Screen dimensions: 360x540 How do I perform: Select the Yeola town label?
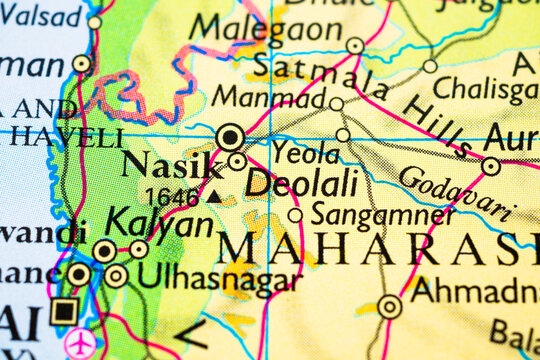pos(305,154)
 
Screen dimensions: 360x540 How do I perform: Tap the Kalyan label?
pos(159,222)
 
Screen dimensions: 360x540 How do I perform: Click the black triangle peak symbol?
pos(214,197)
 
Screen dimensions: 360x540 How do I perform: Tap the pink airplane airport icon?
pos(80,343)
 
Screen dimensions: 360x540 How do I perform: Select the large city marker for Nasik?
pos(231,136)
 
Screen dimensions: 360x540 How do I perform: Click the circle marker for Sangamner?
pos(295,215)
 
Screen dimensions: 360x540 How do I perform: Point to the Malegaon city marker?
pos(355,45)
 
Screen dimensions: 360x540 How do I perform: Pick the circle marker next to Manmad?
pos(336,104)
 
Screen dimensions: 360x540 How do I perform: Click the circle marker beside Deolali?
pos(237,161)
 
